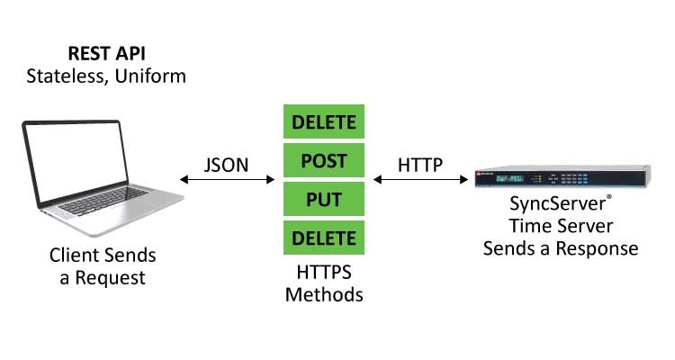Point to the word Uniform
pos(153,76)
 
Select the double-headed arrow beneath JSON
pos(228,180)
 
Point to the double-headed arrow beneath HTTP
pos(420,180)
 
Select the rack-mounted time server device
pos(562,179)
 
